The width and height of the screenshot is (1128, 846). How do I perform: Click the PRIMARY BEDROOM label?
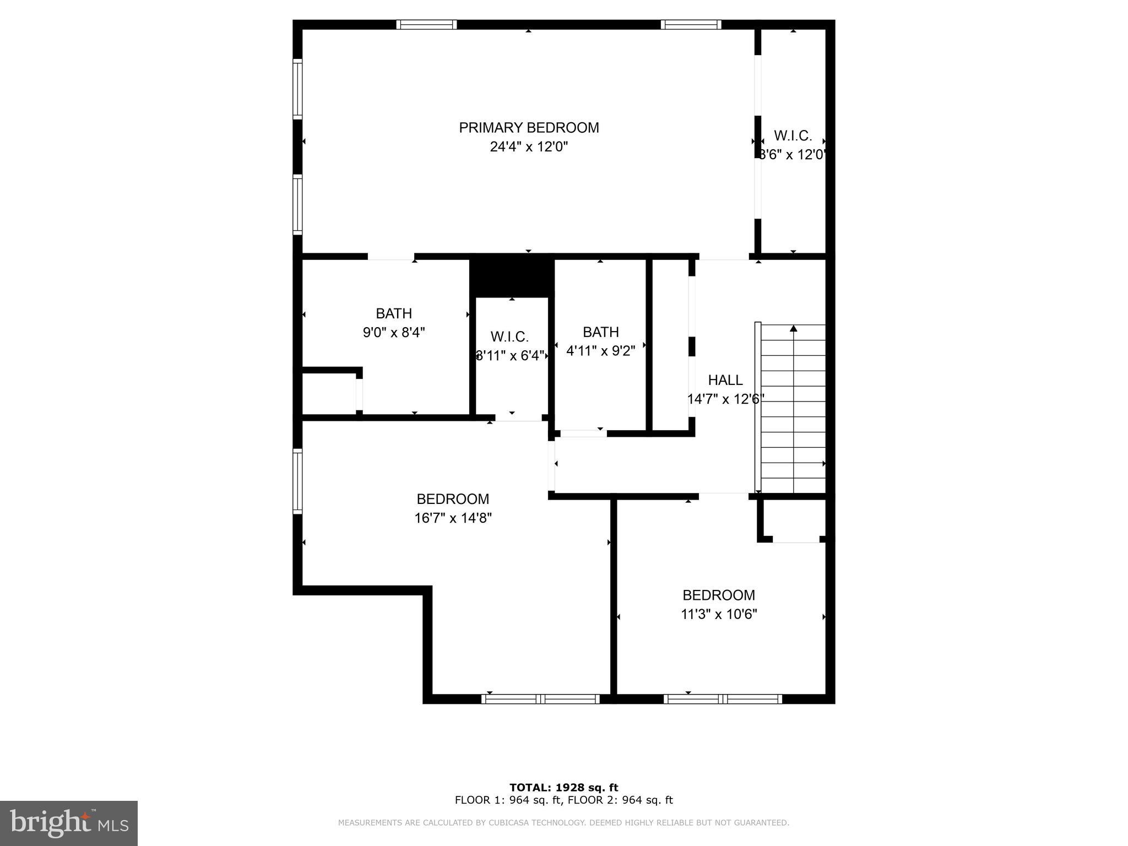(x=529, y=128)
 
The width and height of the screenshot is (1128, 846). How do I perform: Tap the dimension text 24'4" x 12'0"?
(x=529, y=147)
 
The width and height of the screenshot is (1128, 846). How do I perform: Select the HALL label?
(x=725, y=380)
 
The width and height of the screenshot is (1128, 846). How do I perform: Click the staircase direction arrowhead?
(x=793, y=329)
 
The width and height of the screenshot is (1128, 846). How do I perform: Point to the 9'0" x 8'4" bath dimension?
(x=394, y=333)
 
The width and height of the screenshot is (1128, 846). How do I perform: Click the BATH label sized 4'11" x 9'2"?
(x=600, y=332)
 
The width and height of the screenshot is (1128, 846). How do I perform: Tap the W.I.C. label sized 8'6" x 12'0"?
(x=793, y=135)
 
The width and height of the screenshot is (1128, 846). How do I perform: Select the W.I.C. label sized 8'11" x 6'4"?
(x=509, y=337)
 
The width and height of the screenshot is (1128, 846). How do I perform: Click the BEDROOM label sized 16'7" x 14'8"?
(x=453, y=499)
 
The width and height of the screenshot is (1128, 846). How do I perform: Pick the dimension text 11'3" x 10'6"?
(x=719, y=614)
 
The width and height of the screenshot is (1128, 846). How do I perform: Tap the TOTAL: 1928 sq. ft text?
(x=563, y=788)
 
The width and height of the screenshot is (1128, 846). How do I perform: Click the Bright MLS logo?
(x=69, y=823)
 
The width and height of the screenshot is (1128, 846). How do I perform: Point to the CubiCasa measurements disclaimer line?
(x=563, y=823)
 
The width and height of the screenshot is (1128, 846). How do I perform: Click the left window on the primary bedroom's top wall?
(x=426, y=24)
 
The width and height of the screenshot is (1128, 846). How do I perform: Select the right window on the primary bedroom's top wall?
(x=691, y=24)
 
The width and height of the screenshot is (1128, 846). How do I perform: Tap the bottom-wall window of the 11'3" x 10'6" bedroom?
(x=723, y=699)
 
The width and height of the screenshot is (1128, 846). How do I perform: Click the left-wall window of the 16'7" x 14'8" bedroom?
(x=297, y=481)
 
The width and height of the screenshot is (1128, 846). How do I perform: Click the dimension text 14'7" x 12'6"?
(x=725, y=399)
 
